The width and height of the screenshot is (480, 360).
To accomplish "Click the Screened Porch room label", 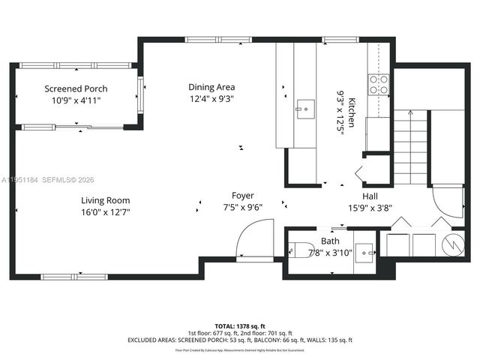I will click(76, 88).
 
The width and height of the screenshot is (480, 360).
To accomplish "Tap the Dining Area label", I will click(211, 87).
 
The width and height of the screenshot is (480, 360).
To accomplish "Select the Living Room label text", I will click(106, 200).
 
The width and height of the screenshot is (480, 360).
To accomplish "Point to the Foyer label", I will click(241, 196).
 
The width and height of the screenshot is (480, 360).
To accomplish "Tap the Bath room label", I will click(330, 241).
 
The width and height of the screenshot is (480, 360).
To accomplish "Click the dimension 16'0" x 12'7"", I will click(106, 212).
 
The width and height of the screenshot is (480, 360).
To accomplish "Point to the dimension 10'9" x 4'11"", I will click(76, 100).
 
